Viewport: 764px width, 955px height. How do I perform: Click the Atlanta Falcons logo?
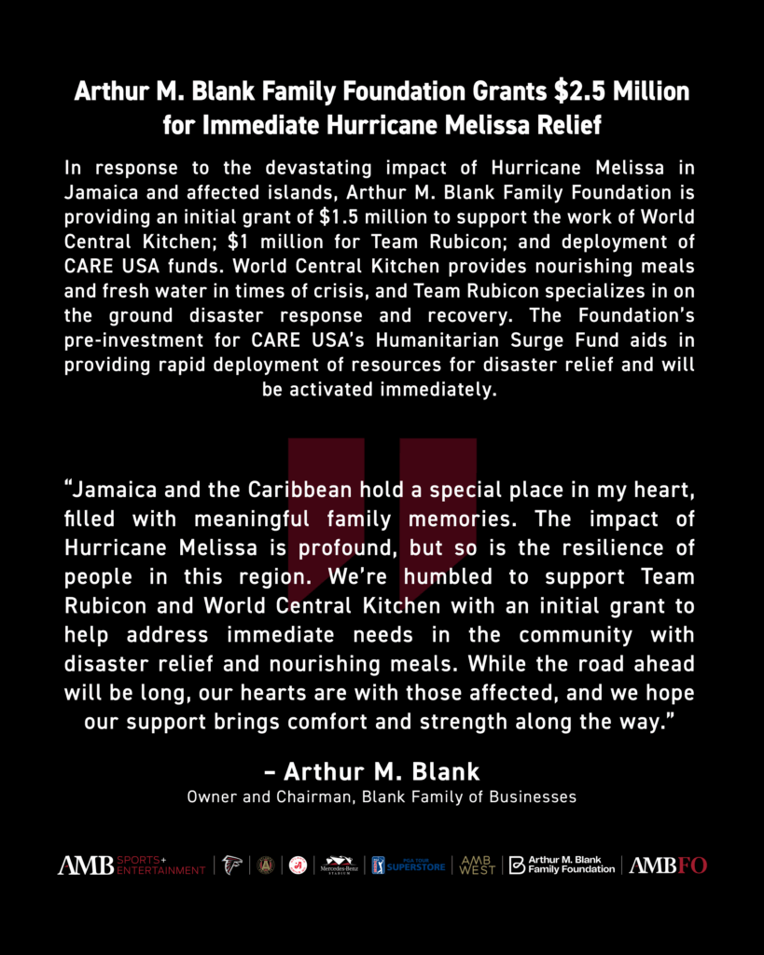coord(232,865)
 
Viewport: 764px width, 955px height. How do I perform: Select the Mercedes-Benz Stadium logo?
coord(340,865)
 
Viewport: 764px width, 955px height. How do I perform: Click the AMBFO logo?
coord(668,865)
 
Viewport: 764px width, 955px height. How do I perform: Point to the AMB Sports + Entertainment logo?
coord(132,865)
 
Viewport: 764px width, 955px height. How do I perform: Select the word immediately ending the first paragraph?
coord(437,389)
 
